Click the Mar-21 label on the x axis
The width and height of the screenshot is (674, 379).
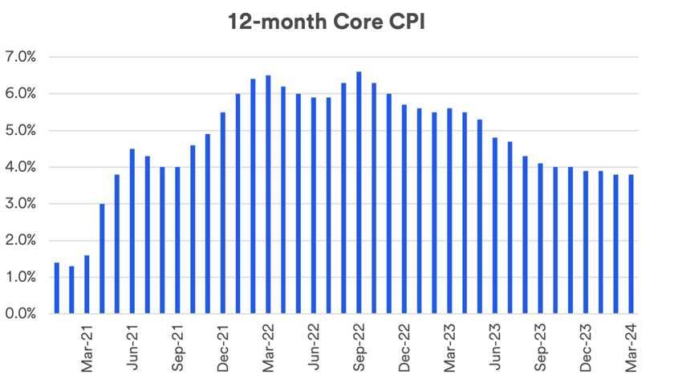87,346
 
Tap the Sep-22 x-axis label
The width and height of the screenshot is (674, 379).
359,346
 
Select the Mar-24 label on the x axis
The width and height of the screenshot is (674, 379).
631,346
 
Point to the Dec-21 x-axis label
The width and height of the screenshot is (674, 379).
222,346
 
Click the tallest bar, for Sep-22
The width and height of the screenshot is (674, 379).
359,193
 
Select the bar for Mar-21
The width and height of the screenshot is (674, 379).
87,284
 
